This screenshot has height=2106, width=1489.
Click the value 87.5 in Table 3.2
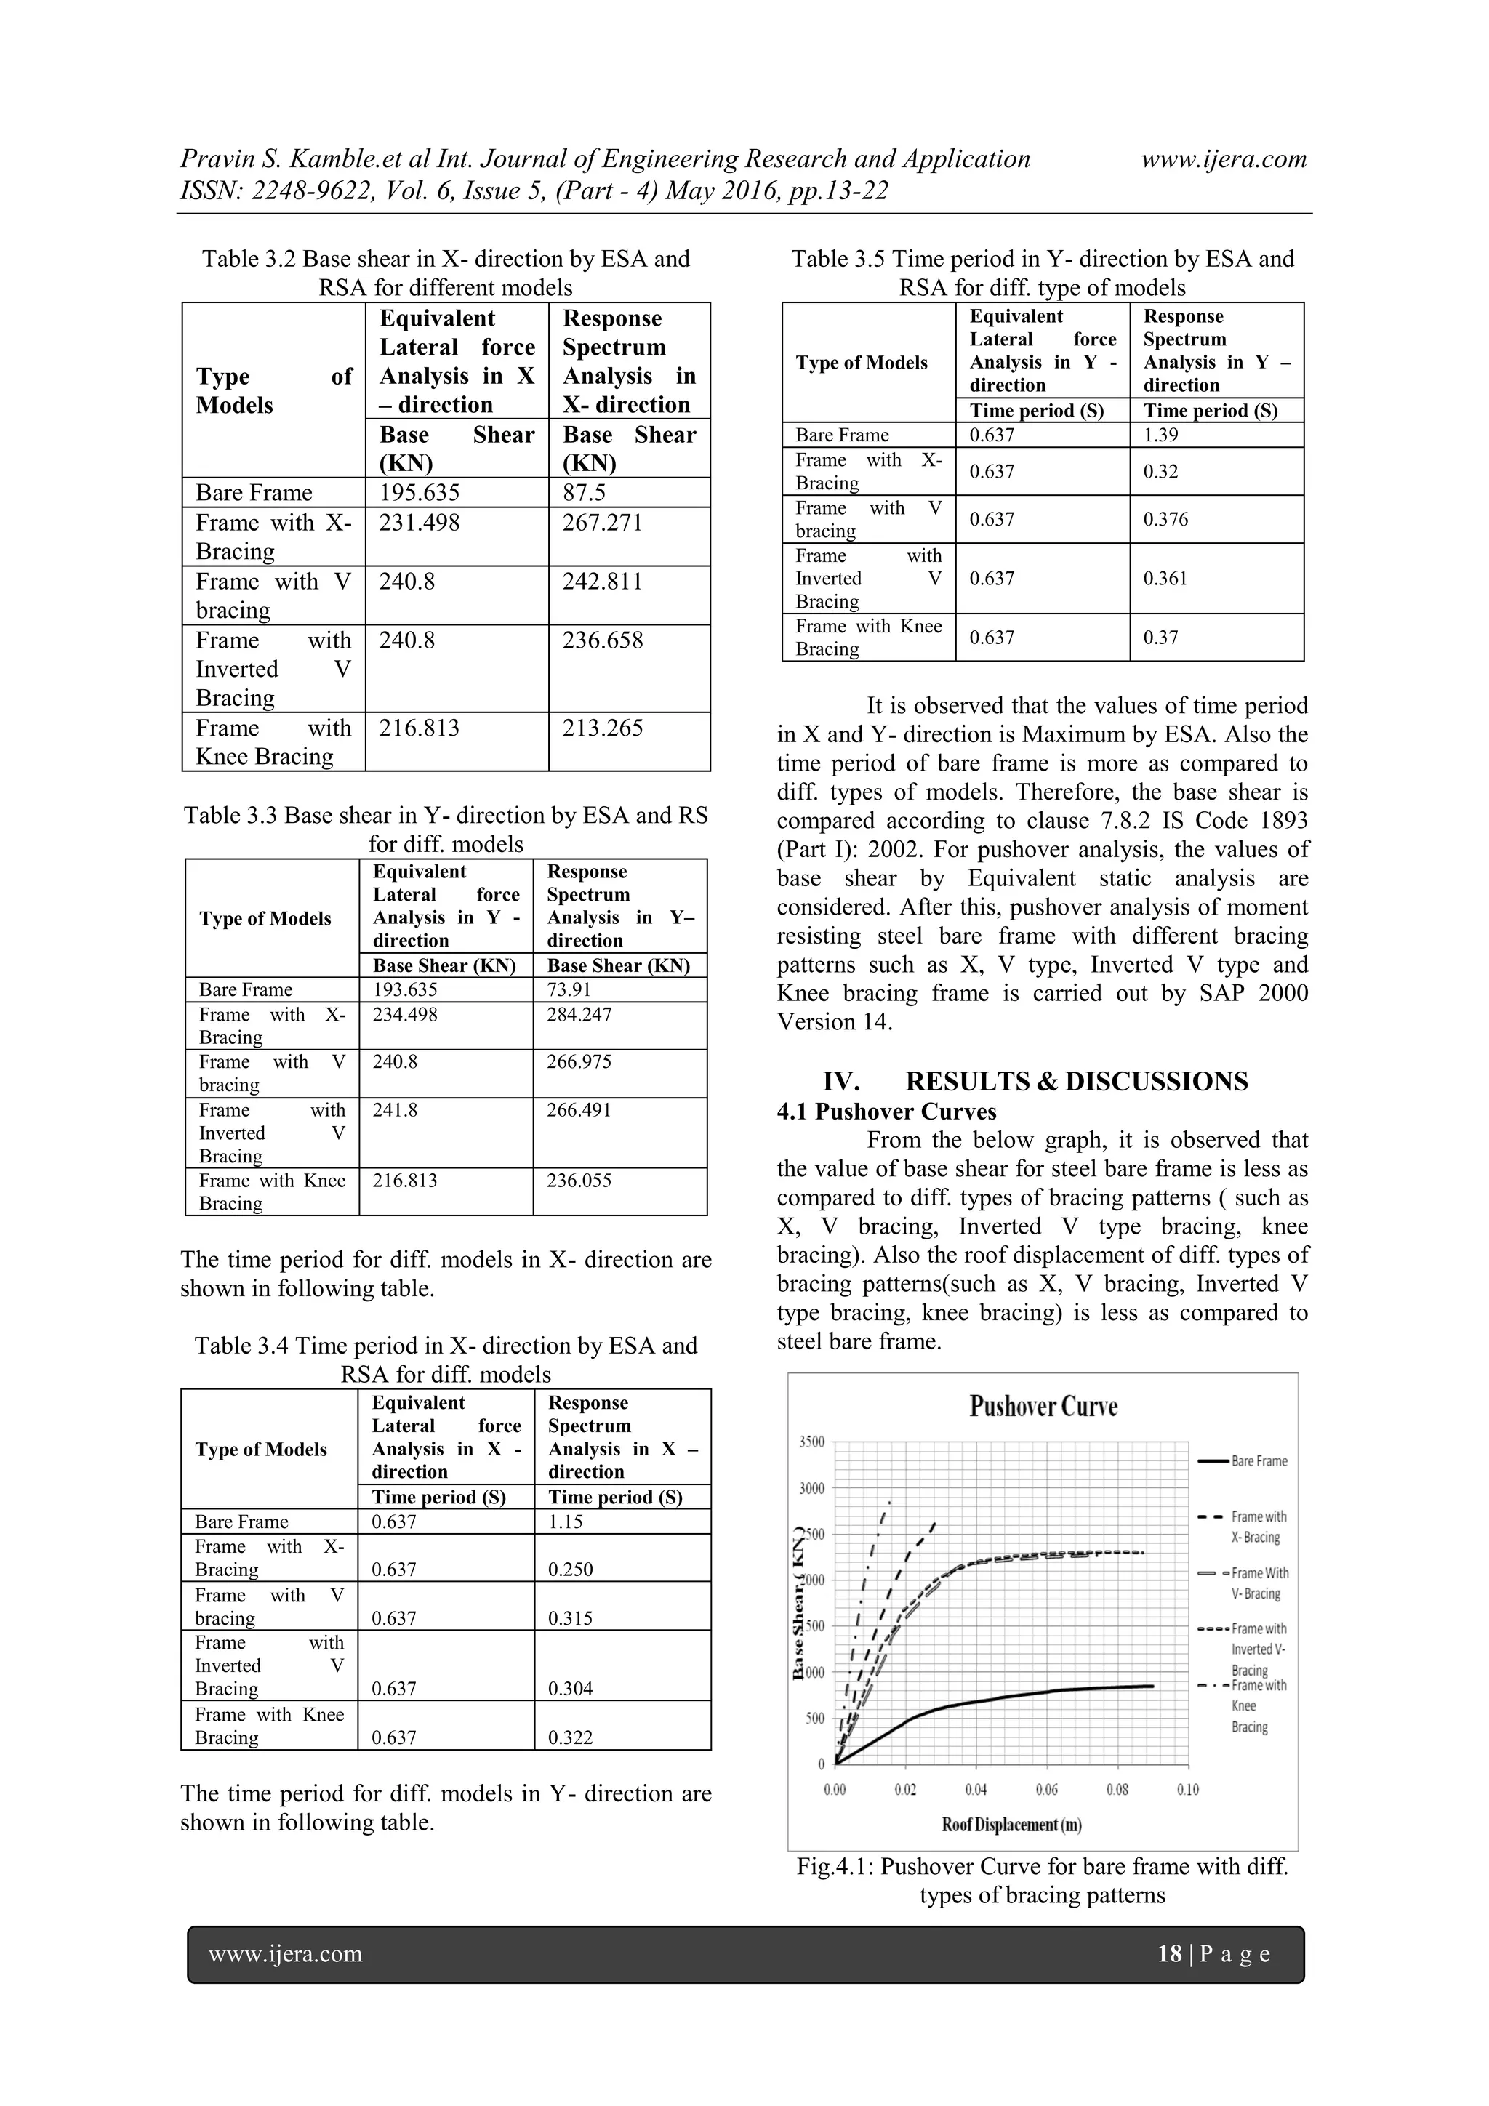pos(584,493)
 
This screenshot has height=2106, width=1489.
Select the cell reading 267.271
pos(602,523)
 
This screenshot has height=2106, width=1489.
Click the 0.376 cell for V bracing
pos(1165,519)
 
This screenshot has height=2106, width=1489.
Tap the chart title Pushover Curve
pos(1043,1407)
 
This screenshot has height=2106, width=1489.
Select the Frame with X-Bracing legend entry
pos(1258,1527)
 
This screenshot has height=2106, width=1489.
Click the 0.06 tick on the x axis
pos(1046,1790)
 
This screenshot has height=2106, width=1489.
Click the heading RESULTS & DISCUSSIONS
pos(1076,1082)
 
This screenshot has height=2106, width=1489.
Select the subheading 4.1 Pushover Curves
pos(886,1112)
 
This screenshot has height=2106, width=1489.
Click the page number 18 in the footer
pos(1170,1954)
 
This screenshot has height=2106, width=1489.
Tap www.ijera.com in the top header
pos(1223,160)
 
